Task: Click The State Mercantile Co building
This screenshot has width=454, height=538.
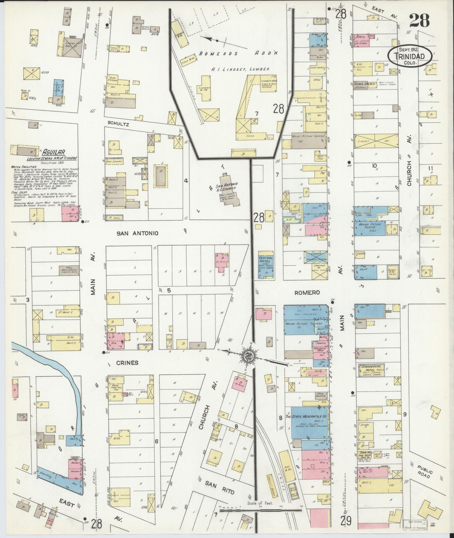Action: [x=309, y=422]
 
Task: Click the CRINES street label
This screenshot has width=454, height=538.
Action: [x=127, y=363]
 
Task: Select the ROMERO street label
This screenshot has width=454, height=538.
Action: [x=307, y=293]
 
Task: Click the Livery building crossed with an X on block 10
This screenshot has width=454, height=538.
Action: [x=375, y=141]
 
